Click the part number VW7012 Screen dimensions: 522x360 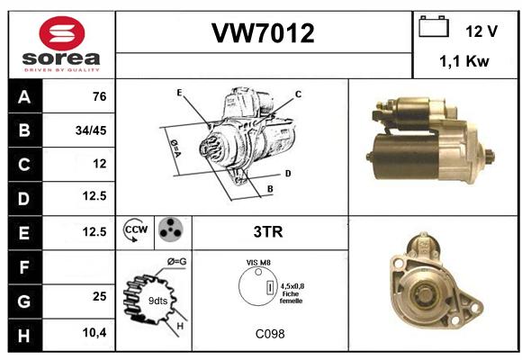click(x=263, y=33)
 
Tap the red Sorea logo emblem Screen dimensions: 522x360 click(x=62, y=33)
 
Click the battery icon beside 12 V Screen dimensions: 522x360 click(x=434, y=26)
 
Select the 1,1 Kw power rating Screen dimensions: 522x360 click(x=464, y=61)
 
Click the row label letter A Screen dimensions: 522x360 click(x=24, y=97)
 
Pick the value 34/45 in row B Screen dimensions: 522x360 click(x=91, y=130)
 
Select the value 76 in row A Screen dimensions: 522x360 click(x=100, y=96)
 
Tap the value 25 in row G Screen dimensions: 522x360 click(x=100, y=296)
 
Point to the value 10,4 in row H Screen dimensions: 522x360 click(x=94, y=332)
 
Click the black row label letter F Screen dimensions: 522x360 click(x=24, y=267)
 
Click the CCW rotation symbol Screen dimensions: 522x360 click(x=136, y=229)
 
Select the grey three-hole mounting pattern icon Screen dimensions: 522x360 click(x=171, y=229)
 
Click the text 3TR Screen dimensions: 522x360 click(x=268, y=232)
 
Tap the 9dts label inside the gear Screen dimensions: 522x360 click(x=157, y=301)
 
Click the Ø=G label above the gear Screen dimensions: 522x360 click(x=176, y=262)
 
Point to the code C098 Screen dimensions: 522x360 click(x=270, y=334)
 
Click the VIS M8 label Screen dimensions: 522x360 click(x=258, y=263)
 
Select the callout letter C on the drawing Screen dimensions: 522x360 click(x=298, y=94)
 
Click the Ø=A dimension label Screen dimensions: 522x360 click(x=175, y=148)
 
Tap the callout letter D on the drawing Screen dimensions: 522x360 click(x=288, y=174)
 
